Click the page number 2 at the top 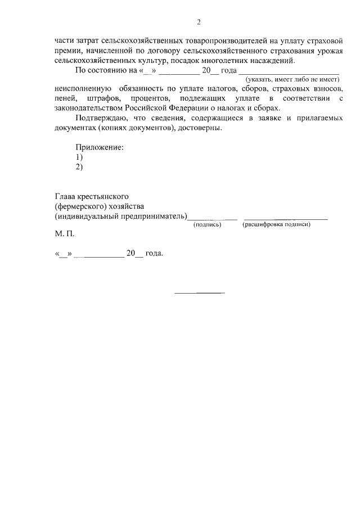(199, 22)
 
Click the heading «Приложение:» (100, 148)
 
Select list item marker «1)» (79, 157)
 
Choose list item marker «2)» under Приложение (79, 167)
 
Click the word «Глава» (66, 197)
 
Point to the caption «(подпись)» (208, 224)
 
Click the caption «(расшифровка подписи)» (276, 224)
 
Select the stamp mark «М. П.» (64, 233)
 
